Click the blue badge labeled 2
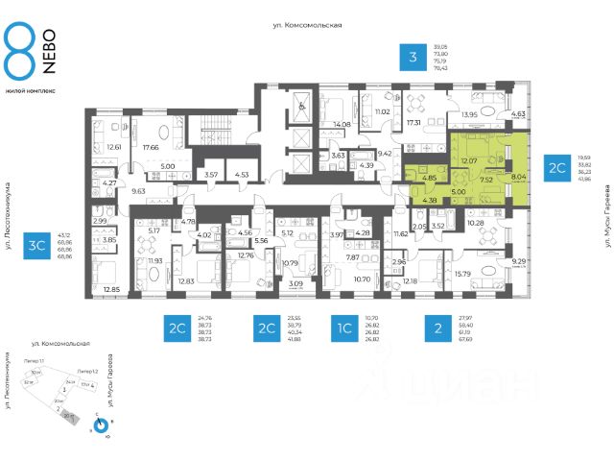coord(437,330)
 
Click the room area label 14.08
coord(342,124)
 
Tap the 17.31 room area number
coord(414,123)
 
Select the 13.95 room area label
coord(469,114)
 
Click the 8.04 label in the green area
coord(519,177)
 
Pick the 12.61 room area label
coord(113,147)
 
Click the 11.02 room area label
coord(382,112)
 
